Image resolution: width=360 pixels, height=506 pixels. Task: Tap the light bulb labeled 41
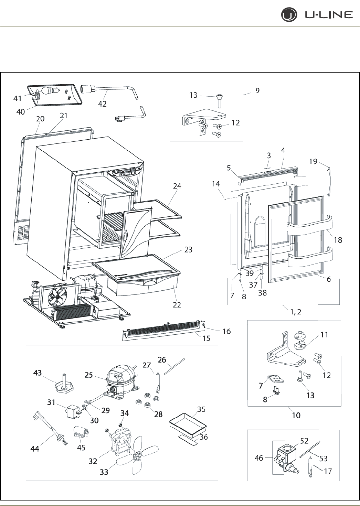49,91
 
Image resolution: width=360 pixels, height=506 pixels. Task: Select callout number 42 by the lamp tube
102,104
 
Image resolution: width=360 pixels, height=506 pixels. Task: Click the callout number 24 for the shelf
177,186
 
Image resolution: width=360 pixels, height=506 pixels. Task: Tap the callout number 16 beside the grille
226,331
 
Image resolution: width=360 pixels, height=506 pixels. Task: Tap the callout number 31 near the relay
51,401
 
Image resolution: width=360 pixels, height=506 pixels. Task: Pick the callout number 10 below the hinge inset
296,415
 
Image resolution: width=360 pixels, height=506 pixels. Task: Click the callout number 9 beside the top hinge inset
257,90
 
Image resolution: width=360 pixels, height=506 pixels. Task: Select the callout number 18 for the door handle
338,240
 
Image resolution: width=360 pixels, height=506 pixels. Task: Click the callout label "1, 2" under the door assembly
296,312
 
